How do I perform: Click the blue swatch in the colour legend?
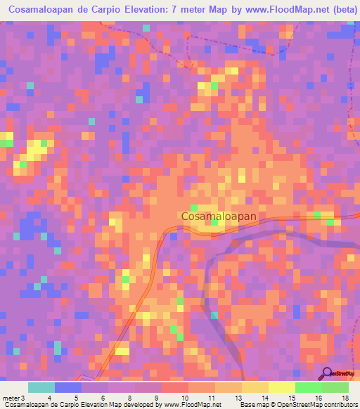coord(68,387)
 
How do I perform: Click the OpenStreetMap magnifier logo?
coord(328,373)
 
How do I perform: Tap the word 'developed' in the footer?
coord(141,405)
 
